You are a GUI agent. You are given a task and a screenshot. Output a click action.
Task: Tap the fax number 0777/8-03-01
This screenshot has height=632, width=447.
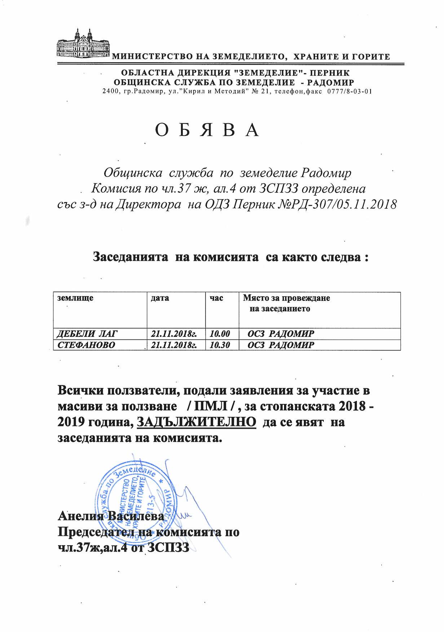click(x=349, y=91)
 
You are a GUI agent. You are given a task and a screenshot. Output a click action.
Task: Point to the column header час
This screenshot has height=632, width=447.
click(x=216, y=298)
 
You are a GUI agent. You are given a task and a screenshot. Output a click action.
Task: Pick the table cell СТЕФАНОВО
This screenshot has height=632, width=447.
click(x=86, y=345)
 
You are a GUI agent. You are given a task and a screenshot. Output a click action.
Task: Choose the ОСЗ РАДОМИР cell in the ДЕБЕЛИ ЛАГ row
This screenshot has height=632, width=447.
click(x=281, y=333)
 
